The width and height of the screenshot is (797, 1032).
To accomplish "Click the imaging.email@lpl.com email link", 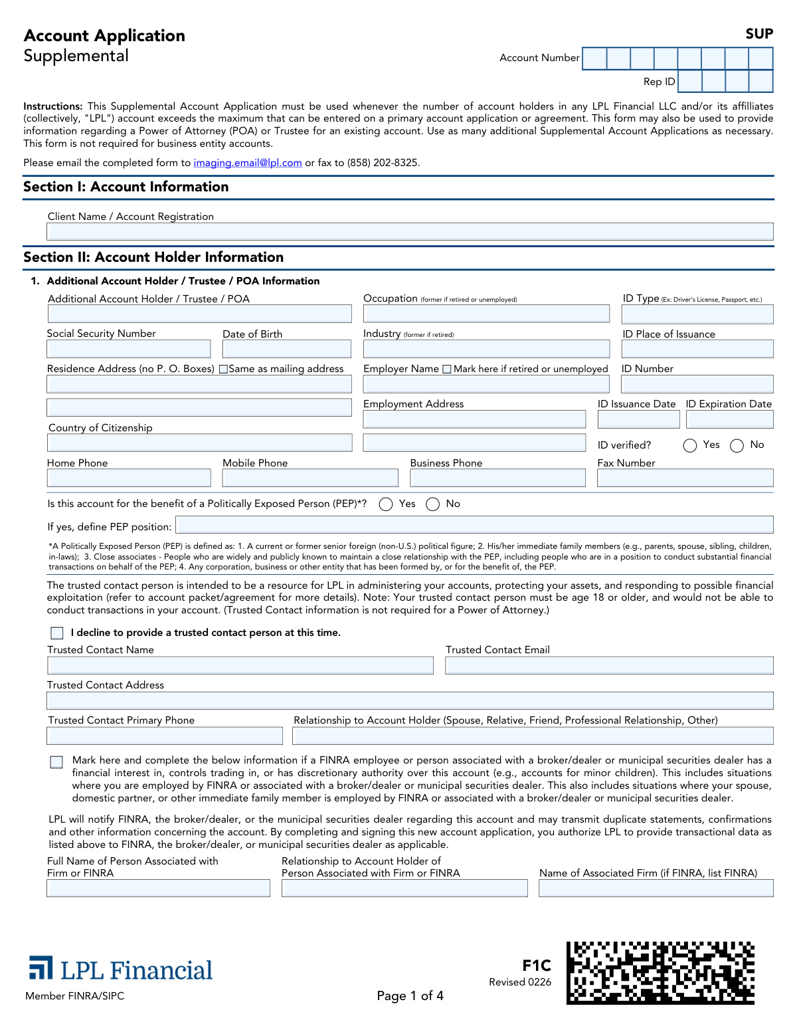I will pos(247,163).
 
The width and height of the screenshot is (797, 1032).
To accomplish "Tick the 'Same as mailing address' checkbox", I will pos(224,369).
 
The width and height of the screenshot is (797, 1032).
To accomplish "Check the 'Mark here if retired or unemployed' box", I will pos(447,369).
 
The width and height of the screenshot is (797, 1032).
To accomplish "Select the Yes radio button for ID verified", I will pos(690,445).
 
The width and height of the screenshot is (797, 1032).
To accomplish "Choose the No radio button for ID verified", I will pos(737,445).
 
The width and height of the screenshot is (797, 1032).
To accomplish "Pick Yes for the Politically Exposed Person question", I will pos(386,504).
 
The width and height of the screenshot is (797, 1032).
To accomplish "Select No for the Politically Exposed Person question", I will pos(433,504).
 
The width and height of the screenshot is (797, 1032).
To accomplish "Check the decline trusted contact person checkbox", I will pos(57,633).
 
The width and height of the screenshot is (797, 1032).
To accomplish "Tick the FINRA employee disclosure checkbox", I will pos(57,762).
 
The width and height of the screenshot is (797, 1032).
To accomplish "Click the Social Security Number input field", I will pos(129,349).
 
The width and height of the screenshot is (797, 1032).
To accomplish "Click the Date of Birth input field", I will pos(286,349).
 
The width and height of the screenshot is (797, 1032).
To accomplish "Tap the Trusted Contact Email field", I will pos(609,665).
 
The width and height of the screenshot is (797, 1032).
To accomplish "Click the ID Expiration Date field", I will pos(729,419).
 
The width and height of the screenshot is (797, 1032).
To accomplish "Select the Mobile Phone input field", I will pos(310,478).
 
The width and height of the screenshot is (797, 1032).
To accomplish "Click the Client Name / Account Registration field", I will pos(410,232).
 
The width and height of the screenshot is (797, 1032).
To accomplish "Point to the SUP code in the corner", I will pos(759,34).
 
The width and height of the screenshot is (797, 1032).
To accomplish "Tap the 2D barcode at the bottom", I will pos(660,972).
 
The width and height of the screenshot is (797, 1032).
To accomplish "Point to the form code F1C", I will pos(537,966).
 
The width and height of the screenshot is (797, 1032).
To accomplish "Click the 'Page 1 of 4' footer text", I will pos(410,995).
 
